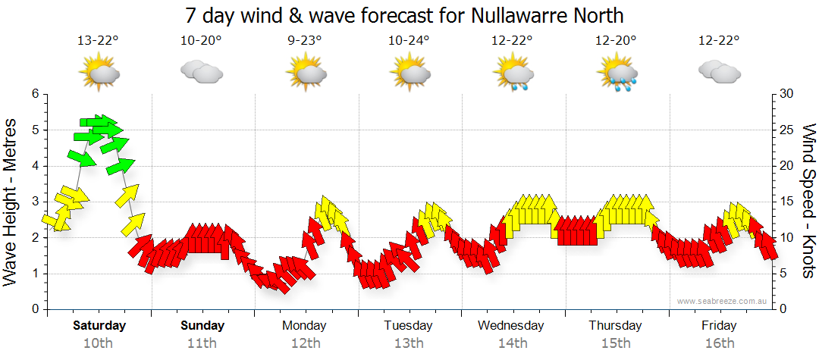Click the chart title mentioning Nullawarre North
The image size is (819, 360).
(x=409, y=15)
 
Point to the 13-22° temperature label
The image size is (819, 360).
(x=98, y=41)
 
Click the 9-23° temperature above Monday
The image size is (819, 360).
(x=305, y=41)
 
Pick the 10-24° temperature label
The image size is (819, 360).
(x=409, y=41)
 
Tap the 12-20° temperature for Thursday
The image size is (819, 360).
(x=616, y=41)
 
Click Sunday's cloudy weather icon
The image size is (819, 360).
(x=201, y=72)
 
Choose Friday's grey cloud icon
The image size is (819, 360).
(x=719, y=72)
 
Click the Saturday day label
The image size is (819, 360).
(x=99, y=326)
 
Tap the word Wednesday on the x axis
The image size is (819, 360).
(x=511, y=326)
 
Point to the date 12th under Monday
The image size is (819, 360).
(x=305, y=343)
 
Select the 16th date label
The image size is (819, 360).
(x=719, y=343)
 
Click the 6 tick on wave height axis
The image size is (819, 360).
(x=35, y=94)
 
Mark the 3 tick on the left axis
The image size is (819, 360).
(x=35, y=202)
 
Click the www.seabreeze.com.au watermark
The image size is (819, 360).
(x=723, y=301)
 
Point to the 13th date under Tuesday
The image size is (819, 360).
(x=409, y=343)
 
